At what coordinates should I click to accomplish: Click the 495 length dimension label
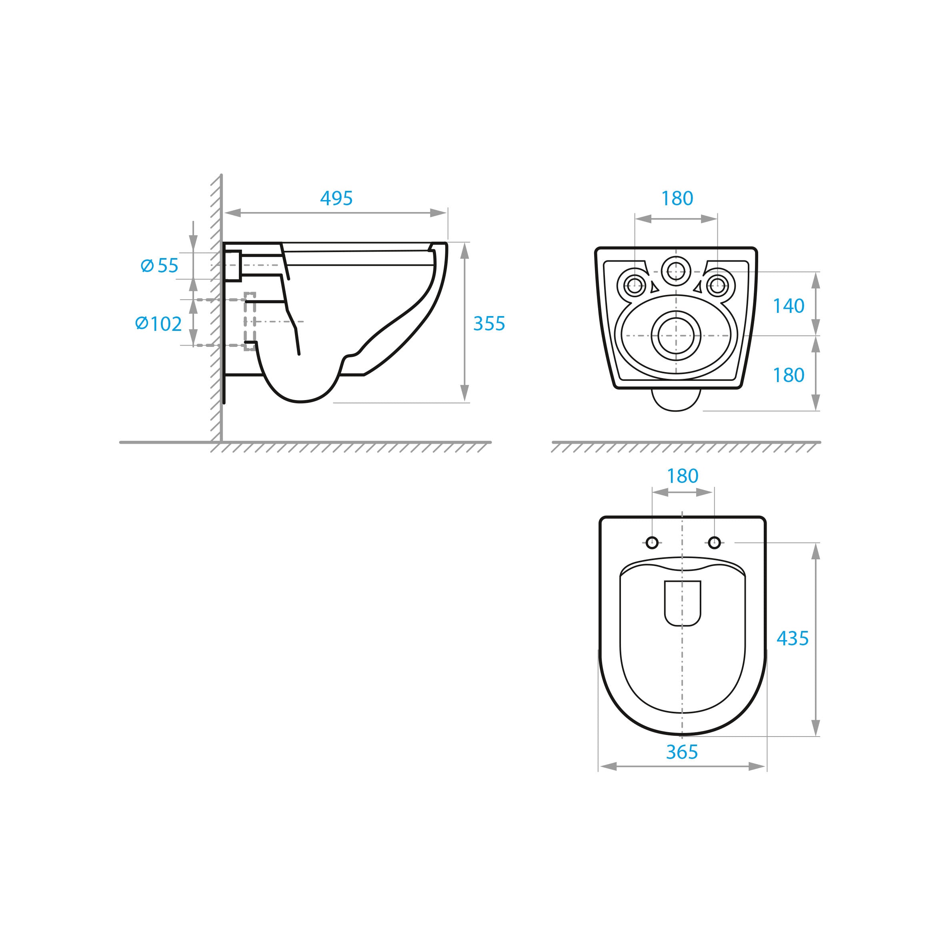coord(336,198)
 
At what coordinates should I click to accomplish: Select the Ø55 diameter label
coord(160,266)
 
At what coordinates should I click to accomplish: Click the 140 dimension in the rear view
coord(788,306)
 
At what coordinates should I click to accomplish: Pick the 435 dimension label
coord(793,638)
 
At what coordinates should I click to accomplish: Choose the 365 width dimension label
coord(681,752)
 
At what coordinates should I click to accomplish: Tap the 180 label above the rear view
coord(677,198)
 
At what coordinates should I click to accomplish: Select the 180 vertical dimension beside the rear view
coord(788,376)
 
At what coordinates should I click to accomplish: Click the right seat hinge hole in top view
coord(714,543)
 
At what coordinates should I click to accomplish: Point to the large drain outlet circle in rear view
coord(676,336)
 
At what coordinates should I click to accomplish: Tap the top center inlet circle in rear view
coord(676,270)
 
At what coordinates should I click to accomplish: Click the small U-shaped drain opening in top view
coord(682,603)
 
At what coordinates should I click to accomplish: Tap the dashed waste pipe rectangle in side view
coord(250,321)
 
